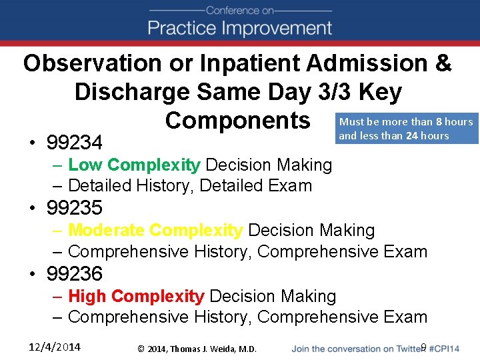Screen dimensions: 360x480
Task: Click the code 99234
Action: pyautogui.click(x=75, y=143)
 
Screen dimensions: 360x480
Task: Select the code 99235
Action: pyautogui.click(x=75, y=208)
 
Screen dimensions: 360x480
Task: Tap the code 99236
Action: pyautogui.click(x=75, y=273)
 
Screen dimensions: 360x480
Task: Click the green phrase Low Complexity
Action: pyautogui.click(x=133, y=165)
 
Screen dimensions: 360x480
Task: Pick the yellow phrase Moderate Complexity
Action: pyautogui.click(x=155, y=230)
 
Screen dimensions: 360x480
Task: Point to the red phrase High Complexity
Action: pyautogui.click(x=136, y=295)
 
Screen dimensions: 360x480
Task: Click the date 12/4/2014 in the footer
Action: pyautogui.click(x=55, y=346)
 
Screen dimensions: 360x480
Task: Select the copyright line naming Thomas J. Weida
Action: pyautogui.click(x=197, y=348)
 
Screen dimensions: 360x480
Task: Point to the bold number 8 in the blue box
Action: pyautogui.click(x=439, y=121)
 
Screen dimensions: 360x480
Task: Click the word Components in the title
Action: pyautogui.click(x=238, y=121)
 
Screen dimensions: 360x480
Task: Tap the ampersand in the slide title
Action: pyautogui.click(x=442, y=63)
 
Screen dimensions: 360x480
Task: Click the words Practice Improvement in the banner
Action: pyautogui.click(x=240, y=29)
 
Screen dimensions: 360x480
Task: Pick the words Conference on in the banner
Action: pyautogui.click(x=240, y=10)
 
